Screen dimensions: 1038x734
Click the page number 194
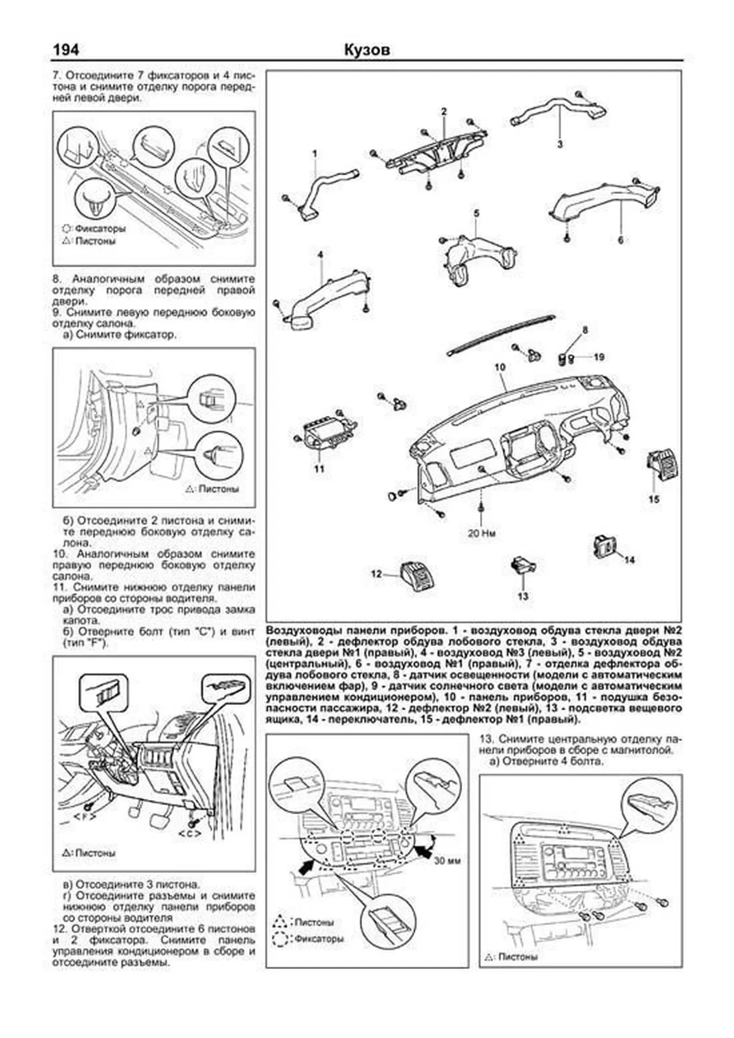pos(66,50)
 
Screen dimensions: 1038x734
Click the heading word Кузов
pos(367,50)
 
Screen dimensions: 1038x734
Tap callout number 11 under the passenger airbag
pos(319,469)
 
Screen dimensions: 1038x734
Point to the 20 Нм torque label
pos(482,533)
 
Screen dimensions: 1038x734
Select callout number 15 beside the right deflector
pos(654,499)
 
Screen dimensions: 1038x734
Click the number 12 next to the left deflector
pos(376,574)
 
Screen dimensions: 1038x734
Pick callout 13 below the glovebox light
pos(522,596)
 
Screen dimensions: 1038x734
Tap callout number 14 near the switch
pos(629,560)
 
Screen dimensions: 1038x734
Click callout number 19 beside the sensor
pos(599,357)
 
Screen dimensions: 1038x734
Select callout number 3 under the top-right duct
pos(560,145)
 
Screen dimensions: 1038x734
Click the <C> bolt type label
pos(190,834)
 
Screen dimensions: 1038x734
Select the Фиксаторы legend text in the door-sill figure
pos(100,229)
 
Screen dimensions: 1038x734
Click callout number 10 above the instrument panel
pos(500,367)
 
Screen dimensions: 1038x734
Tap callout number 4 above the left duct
pos(320,254)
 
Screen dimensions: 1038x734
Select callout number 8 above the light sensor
pos(584,330)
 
